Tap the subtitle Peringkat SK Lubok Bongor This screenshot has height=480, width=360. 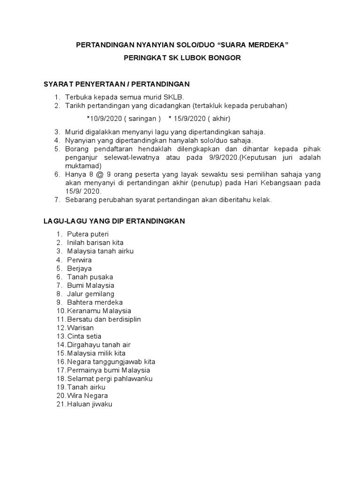(x=182, y=58)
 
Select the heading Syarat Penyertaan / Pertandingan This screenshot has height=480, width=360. (x=116, y=84)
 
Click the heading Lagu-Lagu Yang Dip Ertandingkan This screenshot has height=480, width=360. (x=115, y=221)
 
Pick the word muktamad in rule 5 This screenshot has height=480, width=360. (x=82, y=165)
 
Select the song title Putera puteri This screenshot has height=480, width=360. (x=88, y=234)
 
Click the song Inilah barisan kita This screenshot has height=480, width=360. (x=95, y=242)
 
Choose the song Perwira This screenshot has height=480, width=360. (x=80, y=260)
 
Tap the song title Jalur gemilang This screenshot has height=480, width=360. (x=90, y=293)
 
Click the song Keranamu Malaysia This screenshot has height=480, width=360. (x=99, y=311)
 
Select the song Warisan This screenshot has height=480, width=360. (x=81, y=328)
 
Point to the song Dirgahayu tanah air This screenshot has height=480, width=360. (x=99, y=345)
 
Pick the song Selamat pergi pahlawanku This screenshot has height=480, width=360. (x=110, y=379)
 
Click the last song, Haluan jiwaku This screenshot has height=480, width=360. (x=90, y=404)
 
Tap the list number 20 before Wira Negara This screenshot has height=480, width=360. (x=60, y=396)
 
